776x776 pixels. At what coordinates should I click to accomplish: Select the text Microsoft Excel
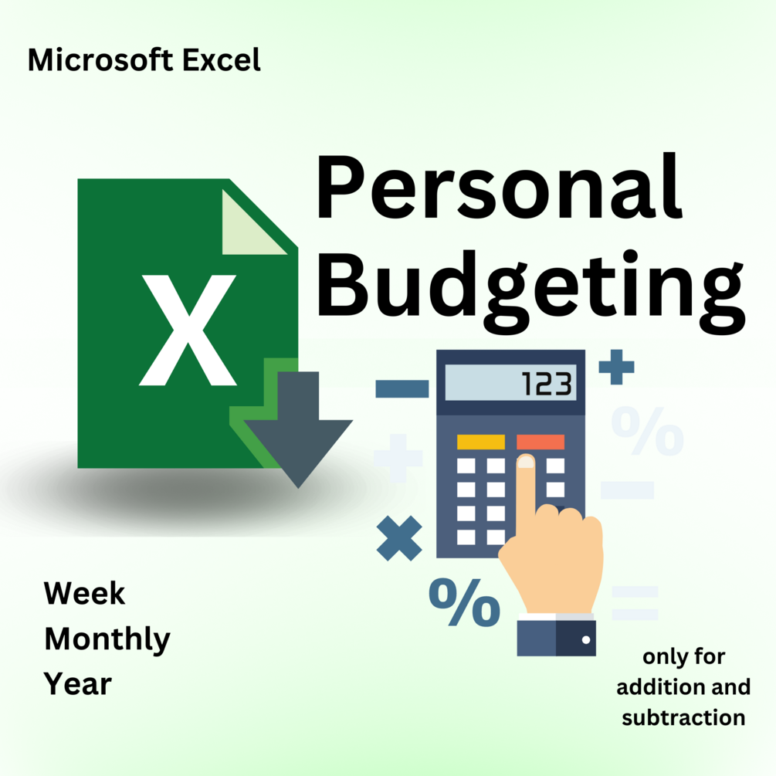[x=144, y=60]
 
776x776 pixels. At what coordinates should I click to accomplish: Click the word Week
[x=84, y=593]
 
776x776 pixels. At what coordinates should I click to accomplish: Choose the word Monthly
[x=107, y=639]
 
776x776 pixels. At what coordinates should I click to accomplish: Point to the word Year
[x=78, y=684]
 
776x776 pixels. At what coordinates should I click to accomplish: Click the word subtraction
[x=683, y=717]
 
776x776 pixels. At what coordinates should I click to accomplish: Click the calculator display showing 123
[x=510, y=384]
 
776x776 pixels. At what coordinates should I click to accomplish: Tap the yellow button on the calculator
[x=480, y=442]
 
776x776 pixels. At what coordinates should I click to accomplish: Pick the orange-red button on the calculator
[x=540, y=442]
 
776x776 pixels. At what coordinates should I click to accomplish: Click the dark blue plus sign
[x=616, y=367]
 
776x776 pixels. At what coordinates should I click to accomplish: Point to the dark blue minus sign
[x=402, y=388]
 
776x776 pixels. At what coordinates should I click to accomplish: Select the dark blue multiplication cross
[x=399, y=538]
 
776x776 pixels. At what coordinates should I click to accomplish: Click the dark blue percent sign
[x=464, y=603]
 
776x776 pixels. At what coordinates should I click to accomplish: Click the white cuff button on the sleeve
[x=586, y=640]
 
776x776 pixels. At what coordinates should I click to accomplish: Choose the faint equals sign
[x=634, y=603]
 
